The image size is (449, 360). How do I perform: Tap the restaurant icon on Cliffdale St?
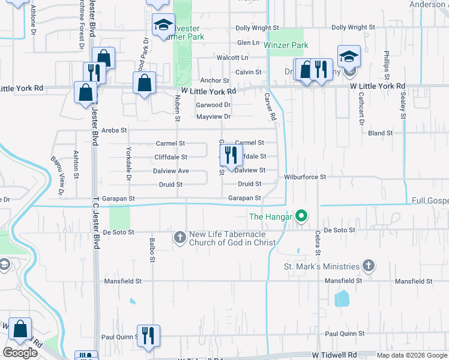coord(231,155)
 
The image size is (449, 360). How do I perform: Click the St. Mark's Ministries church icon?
coord(369,266)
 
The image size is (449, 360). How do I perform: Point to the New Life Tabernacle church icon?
coord(179,237)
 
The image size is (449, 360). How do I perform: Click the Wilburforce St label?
coord(305,177)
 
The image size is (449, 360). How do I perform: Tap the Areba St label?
coord(114,130)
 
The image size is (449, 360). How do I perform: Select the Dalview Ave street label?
coord(172,171)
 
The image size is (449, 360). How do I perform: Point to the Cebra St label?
coord(318,244)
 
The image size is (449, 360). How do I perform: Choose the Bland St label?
coord(380,133)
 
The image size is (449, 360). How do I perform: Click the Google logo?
coord(20,352)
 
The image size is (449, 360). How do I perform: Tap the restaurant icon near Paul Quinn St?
coord(148,335)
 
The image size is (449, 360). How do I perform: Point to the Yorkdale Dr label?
coord(128,163)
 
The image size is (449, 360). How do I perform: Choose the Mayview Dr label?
coord(213,116)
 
